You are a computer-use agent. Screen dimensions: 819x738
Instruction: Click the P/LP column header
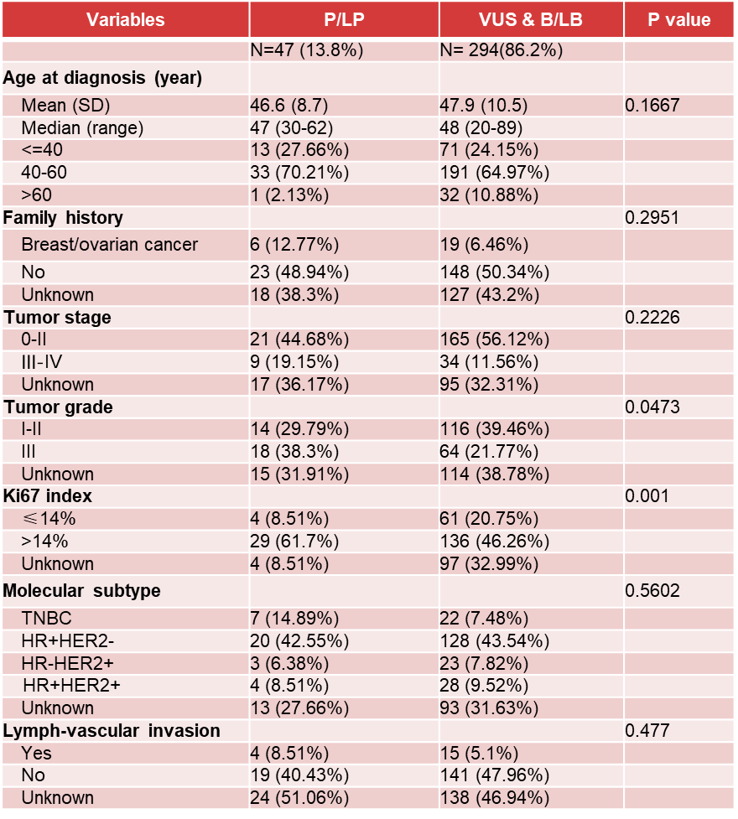(342, 20)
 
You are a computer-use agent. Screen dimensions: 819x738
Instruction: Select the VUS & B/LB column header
(530, 20)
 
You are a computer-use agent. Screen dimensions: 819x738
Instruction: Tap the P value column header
(678, 20)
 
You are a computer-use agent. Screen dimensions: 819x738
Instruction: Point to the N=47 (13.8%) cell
(307, 50)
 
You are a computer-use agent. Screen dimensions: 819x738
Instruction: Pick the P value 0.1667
(652, 106)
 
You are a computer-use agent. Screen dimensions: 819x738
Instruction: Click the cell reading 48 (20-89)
(481, 128)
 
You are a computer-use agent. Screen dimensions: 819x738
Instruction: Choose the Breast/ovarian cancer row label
(110, 245)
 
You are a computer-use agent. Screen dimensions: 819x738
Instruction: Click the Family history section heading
(63, 218)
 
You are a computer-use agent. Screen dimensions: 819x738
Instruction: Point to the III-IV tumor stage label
(49, 362)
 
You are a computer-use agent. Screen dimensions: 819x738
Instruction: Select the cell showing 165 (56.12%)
(495, 340)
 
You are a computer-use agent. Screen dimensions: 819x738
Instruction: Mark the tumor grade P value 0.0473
(652, 407)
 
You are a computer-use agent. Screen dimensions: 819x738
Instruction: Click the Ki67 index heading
(46, 495)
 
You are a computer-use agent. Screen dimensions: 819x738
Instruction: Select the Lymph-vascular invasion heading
(112, 730)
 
